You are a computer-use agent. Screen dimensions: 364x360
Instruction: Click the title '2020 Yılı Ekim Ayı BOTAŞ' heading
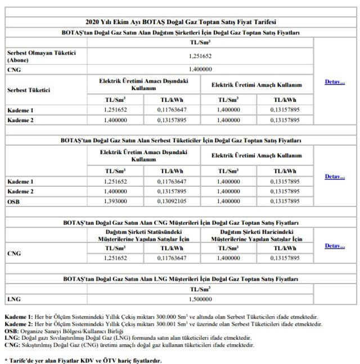coord(181,23)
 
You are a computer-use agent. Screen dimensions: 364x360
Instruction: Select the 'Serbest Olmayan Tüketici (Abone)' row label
coord(41,56)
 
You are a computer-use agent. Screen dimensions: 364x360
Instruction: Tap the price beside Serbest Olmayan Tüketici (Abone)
coord(200,56)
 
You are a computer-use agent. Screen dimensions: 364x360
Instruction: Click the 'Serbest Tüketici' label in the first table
coord(29,89)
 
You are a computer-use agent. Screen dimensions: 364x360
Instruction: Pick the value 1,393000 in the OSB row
coord(115,201)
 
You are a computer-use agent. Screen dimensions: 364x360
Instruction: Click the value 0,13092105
coord(172,201)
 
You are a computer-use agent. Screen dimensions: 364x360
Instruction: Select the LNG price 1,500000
coord(200,300)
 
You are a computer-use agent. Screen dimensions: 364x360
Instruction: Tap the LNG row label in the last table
coord(13,300)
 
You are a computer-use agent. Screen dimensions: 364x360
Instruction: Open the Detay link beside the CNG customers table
coord(335,245)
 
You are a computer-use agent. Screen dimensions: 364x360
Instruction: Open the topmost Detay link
coord(335,82)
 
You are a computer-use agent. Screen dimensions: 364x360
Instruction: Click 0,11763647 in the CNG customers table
coord(172,258)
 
